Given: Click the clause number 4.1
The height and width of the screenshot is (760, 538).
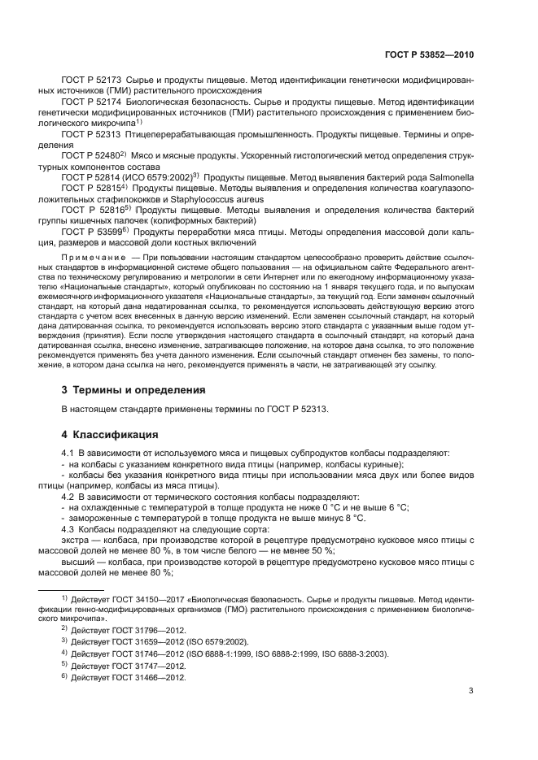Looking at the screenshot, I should pos(68,452).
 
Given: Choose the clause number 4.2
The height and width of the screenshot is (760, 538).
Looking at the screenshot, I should pos(68,495).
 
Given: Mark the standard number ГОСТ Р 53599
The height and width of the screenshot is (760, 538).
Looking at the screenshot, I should pos(89,231).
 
